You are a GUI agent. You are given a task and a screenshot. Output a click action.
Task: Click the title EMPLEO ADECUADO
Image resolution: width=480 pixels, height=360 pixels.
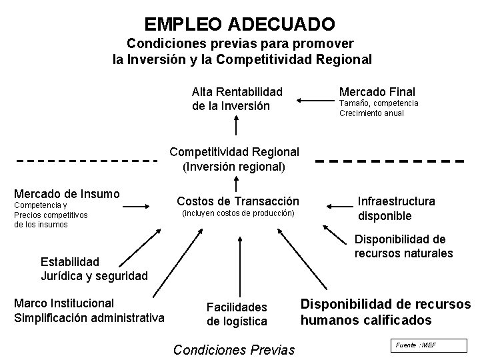(x=239, y=25)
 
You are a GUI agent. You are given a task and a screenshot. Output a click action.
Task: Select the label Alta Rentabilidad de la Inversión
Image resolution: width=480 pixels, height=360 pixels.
(x=237, y=99)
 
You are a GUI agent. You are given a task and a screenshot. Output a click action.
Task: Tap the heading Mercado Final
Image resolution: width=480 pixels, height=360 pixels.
(x=377, y=92)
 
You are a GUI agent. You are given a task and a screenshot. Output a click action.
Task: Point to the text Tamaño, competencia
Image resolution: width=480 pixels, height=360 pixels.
(x=379, y=103)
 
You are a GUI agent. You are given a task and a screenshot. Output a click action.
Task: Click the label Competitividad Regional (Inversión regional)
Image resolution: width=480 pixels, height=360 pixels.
(x=234, y=159)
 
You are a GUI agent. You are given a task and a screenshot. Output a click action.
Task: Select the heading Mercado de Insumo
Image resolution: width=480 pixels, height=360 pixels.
(x=67, y=194)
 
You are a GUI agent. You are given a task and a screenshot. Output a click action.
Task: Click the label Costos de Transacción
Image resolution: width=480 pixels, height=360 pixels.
(x=237, y=201)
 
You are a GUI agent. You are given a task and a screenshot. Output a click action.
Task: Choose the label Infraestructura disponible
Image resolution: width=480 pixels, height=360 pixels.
(x=396, y=208)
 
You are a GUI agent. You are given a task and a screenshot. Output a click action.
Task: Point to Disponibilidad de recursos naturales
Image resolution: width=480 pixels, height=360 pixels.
(x=403, y=246)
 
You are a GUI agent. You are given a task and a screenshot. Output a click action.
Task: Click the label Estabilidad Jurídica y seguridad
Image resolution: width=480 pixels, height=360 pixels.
(x=93, y=267)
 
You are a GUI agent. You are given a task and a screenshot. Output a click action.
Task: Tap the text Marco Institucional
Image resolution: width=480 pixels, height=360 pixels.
(x=64, y=303)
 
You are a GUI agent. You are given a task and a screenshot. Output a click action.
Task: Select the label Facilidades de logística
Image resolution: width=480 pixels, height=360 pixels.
(x=237, y=314)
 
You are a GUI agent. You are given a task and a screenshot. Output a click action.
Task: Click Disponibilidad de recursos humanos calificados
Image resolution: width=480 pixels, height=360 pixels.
(x=385, y=312)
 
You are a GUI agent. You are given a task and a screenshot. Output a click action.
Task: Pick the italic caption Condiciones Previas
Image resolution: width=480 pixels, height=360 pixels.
(x=233, y=349)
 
